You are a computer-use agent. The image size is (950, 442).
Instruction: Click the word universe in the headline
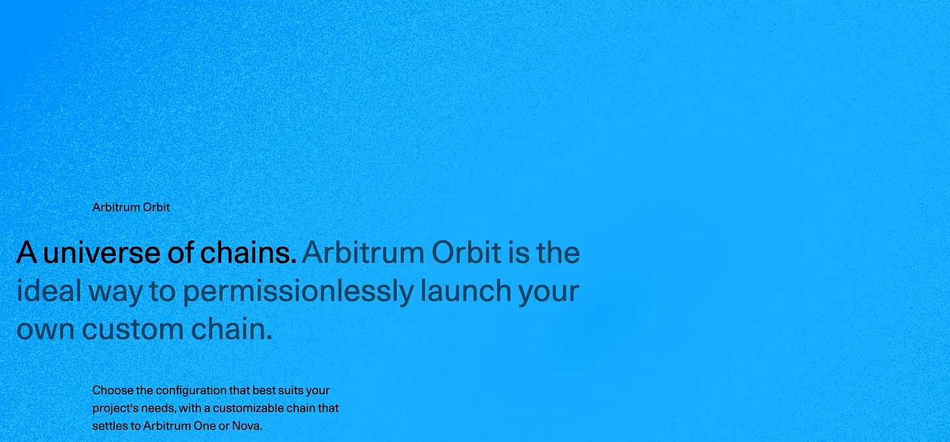pos(102,253)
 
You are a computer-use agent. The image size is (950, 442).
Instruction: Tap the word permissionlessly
pos(298,292)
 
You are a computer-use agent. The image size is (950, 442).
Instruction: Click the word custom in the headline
pos(132,329)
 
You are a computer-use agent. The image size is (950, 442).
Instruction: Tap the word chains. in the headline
pos(248,252)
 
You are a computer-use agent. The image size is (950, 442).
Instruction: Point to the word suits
pos(290,390)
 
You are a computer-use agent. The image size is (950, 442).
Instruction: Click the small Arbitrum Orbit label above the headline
pos(131,208)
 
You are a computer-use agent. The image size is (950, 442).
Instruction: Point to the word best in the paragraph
pos(264,390)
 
